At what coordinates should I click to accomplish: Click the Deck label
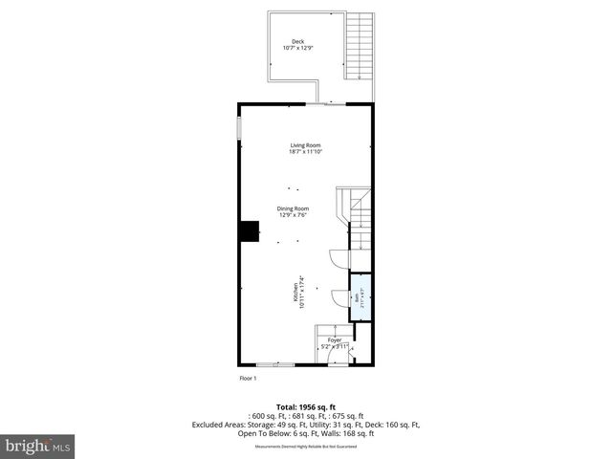click(298, 41)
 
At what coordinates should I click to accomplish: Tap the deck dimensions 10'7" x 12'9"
click(298, 48)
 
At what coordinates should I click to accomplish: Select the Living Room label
click(306, 145)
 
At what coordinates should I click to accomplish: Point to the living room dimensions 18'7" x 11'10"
click(306, 152)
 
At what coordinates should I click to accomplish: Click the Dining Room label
click(293, 208)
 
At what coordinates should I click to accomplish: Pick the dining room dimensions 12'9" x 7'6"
click(293, 215)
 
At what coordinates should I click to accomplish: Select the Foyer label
click(335, 339)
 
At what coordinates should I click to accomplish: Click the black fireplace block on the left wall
click(250, 232)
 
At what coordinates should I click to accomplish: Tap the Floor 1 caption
click(249, 379)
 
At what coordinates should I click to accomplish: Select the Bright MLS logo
click(38, 446)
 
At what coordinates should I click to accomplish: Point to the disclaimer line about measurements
click(306, 447)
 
